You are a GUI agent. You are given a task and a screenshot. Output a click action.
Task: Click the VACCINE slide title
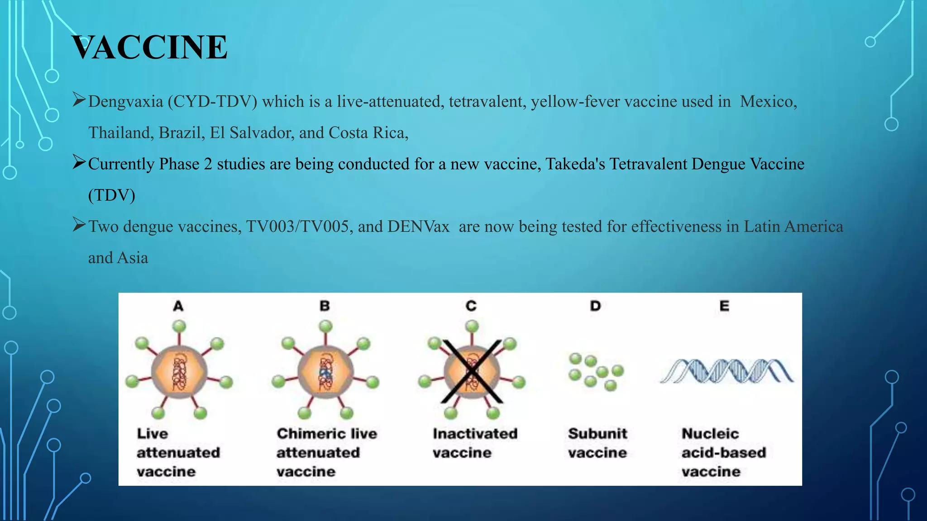coord(149,47)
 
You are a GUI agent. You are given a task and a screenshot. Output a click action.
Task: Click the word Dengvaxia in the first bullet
coord(125,102)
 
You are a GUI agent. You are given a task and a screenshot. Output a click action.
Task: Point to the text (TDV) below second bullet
coord(111,195)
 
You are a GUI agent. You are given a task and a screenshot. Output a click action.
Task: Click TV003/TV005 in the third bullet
coord(299,227)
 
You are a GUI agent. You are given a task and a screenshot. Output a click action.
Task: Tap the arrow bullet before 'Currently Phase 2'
coord(79,162)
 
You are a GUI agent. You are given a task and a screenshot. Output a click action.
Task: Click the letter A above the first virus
coord(178,306)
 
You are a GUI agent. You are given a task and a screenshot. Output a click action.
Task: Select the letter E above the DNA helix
coord(724,306)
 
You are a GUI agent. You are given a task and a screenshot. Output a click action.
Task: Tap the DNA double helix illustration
coord(726,371)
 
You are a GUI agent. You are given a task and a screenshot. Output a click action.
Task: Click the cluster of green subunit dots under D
coord(595,372)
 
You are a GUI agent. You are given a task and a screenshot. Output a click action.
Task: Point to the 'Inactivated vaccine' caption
coord(474,443)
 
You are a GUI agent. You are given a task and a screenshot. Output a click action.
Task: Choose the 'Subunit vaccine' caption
coord(597,443)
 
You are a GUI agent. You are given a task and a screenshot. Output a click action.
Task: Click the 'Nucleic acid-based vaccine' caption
coord(723,452)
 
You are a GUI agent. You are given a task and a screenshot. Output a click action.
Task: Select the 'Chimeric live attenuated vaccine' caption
coord(326,452)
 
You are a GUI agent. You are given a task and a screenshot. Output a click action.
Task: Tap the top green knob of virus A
coord(179,326)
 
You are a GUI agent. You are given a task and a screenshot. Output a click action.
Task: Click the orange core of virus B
coord(325,372)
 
